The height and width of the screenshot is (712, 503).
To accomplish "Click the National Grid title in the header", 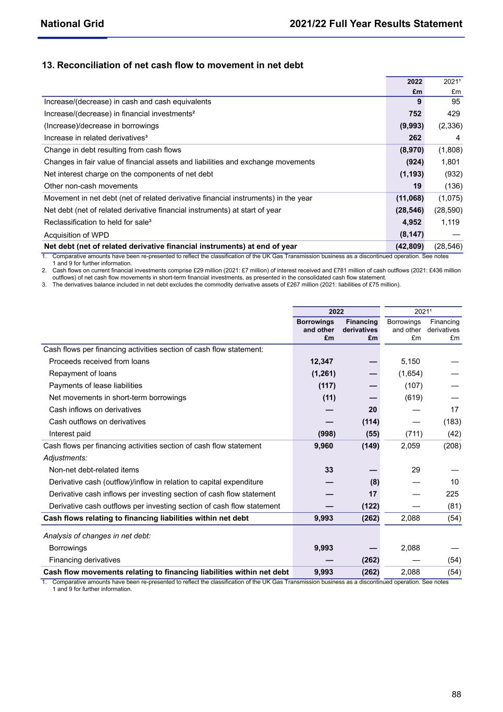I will click(x=72, y=23).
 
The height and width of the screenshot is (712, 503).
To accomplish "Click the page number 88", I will click(x=456, y=694).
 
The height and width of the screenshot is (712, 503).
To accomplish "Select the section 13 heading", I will click(x=173, y=65).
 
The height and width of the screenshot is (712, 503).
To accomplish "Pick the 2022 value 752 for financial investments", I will click(x=415, y=114).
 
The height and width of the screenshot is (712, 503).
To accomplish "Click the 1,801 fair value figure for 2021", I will click(x=450, y=162).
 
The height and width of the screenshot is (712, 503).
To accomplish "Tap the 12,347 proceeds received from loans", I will click(x=322, y=361).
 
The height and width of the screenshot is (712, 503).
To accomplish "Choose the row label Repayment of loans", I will click(x=83, y=373).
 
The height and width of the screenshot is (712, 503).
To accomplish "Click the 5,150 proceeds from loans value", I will click(x=410, y=361).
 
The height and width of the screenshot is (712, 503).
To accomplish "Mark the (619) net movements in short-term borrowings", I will click(x=413, y=397).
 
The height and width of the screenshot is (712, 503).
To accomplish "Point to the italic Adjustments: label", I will click(x=65, y=458).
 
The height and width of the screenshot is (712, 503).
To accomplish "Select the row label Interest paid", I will click(x=70, y=434).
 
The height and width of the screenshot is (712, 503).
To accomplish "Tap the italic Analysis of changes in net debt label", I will click(x=97, y=536).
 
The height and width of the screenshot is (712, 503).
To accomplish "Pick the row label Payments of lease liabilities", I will click(x=95, y=385).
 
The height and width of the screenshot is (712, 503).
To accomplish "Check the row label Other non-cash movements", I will click(x=91, y=186).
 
